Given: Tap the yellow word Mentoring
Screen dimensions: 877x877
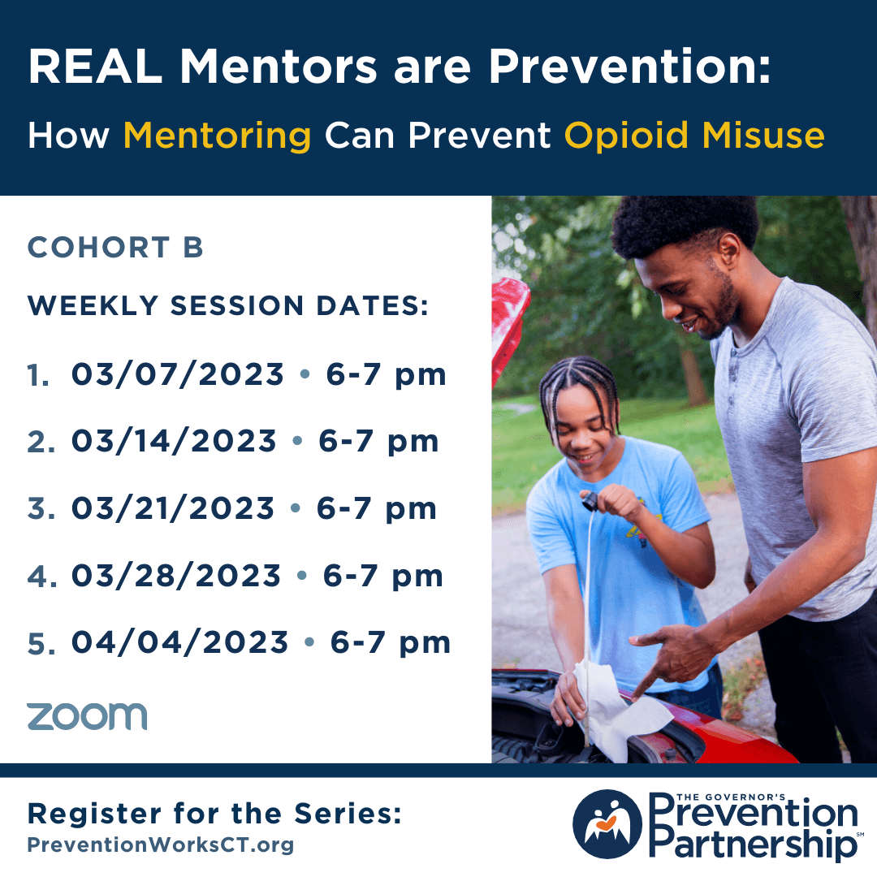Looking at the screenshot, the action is pyautogui.click(x=217, y=136).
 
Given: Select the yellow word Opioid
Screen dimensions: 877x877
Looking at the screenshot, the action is pyautogui.click(x=626, y=135).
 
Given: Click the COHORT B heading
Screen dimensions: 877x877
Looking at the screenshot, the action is pyautogui.click(x=115, y=247).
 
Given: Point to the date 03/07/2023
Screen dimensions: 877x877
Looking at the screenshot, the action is pyautogui.click(x=177, y=374).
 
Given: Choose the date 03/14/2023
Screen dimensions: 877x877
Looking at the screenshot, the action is pyautogui.click(x=174, y=441).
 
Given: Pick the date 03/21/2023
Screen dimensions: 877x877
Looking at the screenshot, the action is pyautogui.click(x=173, y=508).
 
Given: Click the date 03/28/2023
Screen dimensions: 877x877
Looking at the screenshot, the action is pyautogui.click(x=175, y=576).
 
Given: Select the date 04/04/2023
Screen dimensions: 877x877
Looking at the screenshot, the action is pyautogui.click(x=179, y=642).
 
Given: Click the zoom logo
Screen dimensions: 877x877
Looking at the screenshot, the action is pyautogui.click(x=87, y=716).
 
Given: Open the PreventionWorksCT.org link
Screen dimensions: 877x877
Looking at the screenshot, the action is pyautogui.click(x=161, y=845).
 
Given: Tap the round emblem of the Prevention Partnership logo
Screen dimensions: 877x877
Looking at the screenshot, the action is pyautogui.click(x=607, y=824).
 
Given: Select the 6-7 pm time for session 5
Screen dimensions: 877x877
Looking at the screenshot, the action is pyautogui.click(x=390, y=643).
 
